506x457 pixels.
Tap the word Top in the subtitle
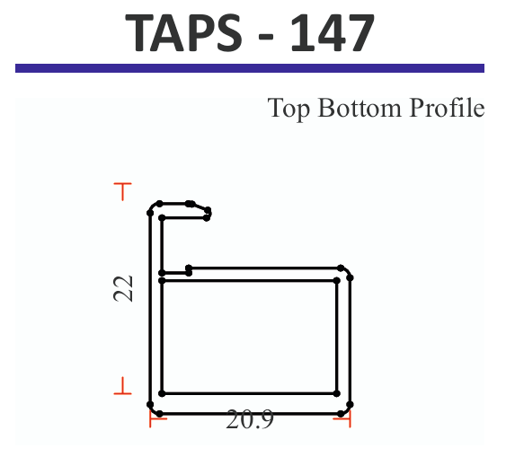(x=288, y=109)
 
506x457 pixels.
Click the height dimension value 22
(x=125, y=287)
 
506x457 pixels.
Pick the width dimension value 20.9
(x=249, y=419)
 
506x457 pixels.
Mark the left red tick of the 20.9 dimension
(x=151, y=419)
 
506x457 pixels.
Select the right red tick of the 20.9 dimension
(x=349, y=419)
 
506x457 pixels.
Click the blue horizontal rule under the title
(x=250, y=68)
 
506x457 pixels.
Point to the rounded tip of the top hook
(x=209, y=213)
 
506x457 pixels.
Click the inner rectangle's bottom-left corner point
(x=162, y=393)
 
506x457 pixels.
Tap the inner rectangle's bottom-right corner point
(x=336, y=393)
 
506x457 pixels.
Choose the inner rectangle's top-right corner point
(x=336, y=281)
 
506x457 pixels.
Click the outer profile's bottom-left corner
(x=155, y=412)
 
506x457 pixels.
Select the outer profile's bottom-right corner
(x=346, y=412)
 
